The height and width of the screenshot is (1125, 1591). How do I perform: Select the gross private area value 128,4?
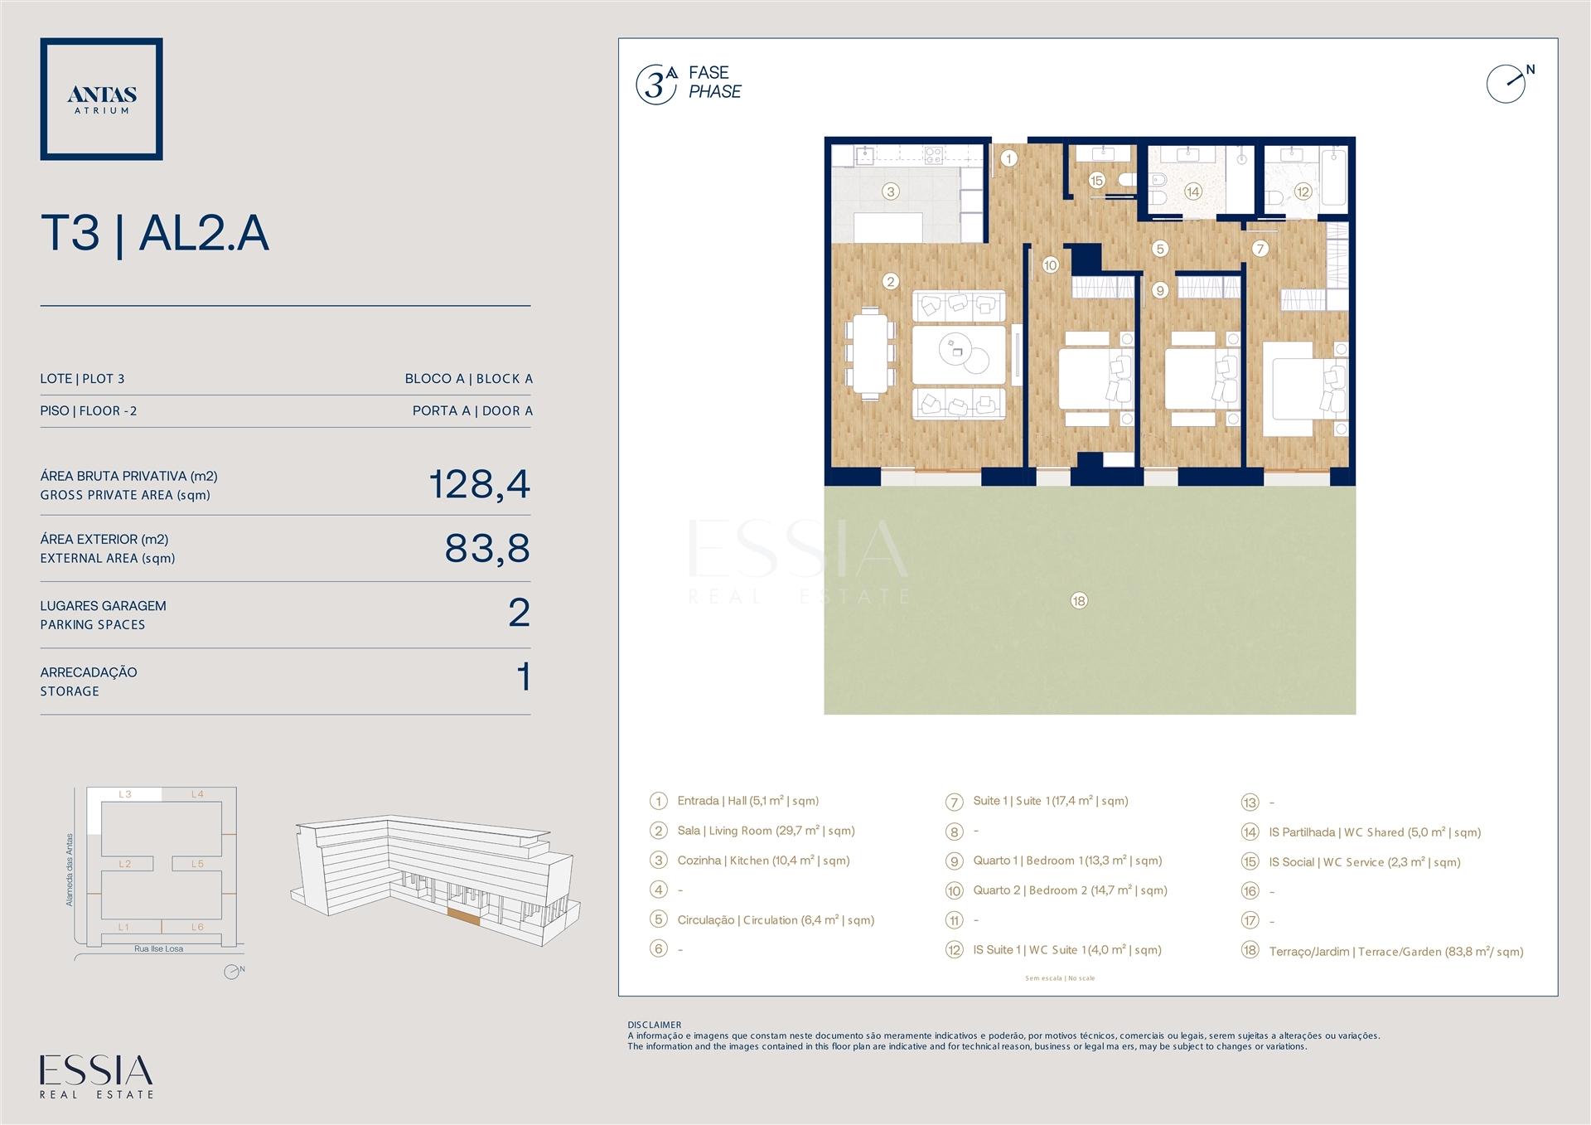click(x=480, y=484)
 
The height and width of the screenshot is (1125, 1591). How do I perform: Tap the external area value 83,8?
click(x=487, y=548)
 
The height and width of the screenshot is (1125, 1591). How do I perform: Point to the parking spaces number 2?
click(x=519, y=613)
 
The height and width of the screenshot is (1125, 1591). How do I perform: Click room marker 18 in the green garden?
click(x=1078, y=600)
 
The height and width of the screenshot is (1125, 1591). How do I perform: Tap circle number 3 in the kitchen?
click(x=891, y=192)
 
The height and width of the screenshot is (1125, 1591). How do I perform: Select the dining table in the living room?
click(x=870, y=353)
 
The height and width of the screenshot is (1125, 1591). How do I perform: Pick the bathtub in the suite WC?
click(x=1333, y=177)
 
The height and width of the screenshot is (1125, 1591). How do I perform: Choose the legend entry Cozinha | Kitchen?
click(x=763, y=861)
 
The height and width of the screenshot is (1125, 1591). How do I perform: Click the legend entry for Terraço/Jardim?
click(x=1395, y=951)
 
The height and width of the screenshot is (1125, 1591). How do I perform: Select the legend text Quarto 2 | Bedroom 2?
click(x=1070, y=890)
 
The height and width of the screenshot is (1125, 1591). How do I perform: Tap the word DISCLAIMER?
click(x=654, y=1025)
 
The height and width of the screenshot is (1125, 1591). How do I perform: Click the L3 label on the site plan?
click(x=125, y=794)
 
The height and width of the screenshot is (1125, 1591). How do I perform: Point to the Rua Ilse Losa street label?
click(x=159, y=948)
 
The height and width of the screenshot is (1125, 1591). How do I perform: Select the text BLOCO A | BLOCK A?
click(x=469, y=379)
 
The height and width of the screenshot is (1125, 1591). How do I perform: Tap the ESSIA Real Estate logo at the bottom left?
click(x=97, y=1077)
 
